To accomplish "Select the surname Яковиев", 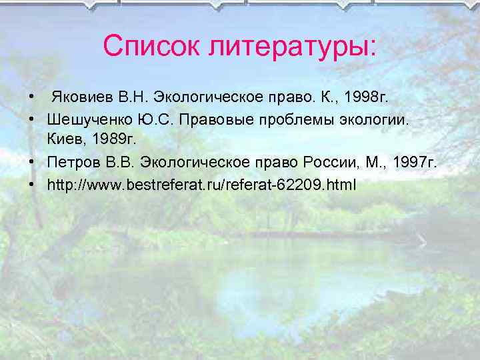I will pyautogui.click(x=83, y=99).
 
